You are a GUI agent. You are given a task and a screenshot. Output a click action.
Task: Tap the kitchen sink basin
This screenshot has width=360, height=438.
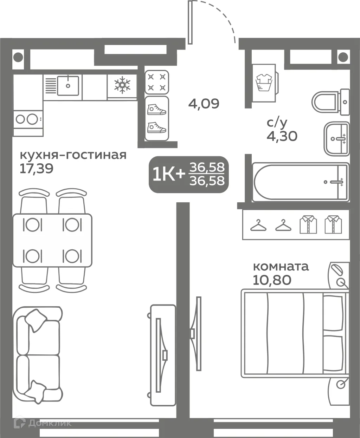[x=68, y=85]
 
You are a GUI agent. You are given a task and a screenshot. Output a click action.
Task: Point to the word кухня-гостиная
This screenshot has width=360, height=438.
[x=73, y=155]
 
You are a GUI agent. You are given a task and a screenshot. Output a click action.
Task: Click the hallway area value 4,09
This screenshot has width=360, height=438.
[x=204, y=104]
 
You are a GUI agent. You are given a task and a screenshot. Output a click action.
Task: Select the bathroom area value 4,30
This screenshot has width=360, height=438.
[x=282, y=136]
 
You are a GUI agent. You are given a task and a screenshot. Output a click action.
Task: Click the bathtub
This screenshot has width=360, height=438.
[x=301, y=182]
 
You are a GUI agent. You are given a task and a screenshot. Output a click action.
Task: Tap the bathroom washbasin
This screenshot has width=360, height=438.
[x=336, y=139]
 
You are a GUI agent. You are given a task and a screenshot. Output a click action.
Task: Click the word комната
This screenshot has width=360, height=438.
[x=281, y=266]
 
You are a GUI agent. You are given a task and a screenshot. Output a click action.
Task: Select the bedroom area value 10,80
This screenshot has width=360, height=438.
[x=272, y=280]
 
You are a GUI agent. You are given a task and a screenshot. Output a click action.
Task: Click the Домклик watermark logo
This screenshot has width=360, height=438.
[x=42, y=423]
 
